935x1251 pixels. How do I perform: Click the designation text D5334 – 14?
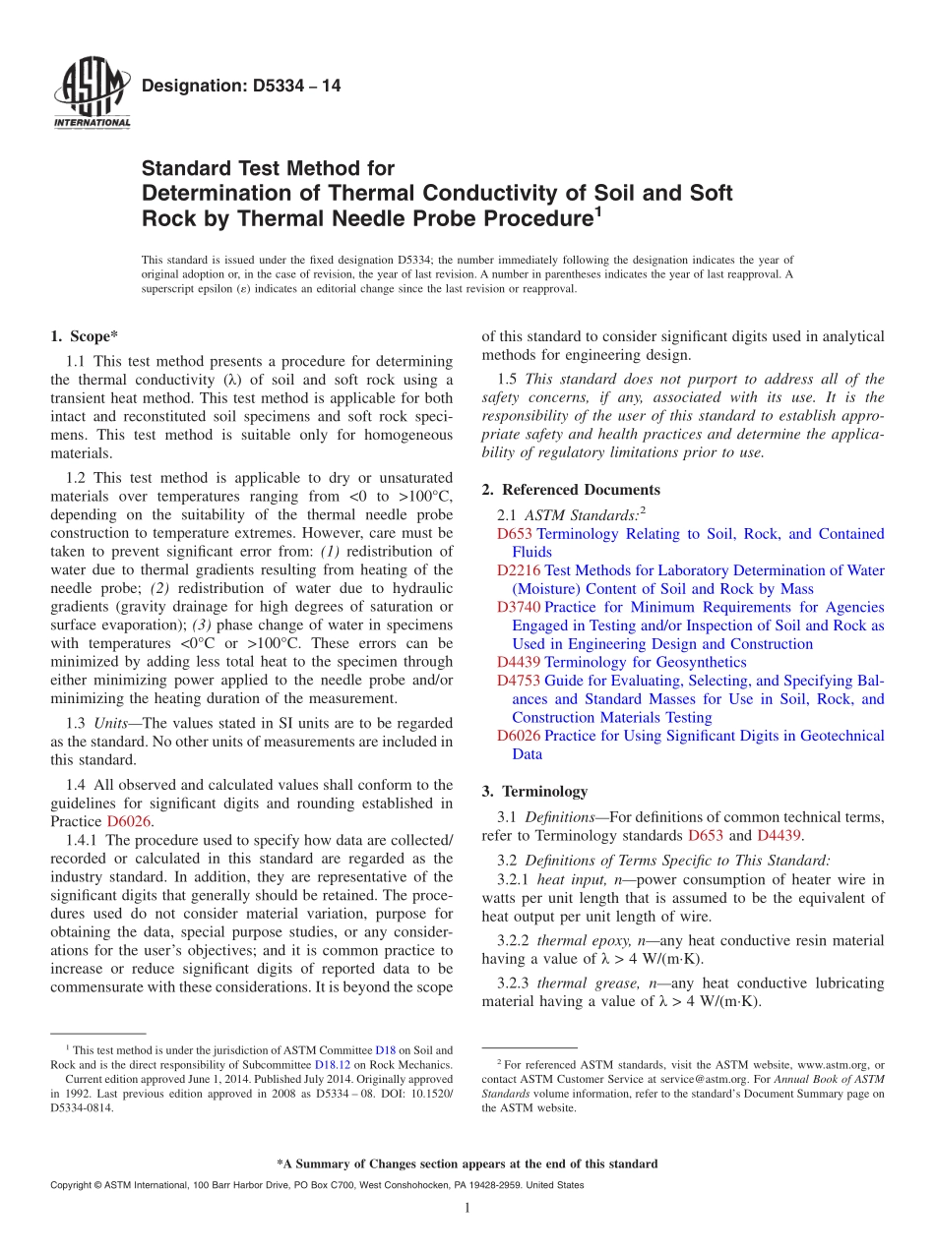pos(241,87)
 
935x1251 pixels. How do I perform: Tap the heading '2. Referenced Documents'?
pos(571,490)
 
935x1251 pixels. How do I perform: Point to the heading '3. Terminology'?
pos(534,791)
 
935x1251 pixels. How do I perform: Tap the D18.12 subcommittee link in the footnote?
pos(333,1064)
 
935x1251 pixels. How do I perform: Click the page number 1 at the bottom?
pos(467,1208)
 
